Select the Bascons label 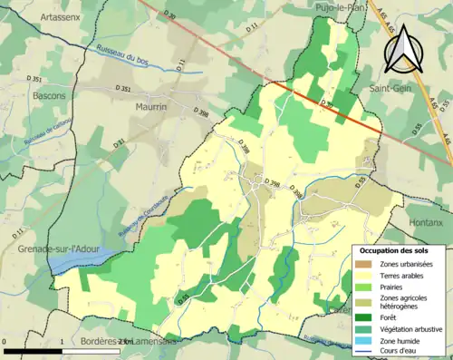(x=48, y=94)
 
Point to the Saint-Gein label (x=390, y=90)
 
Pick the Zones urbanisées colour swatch (x=367, y=264)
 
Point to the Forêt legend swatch (x=367, y=317)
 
